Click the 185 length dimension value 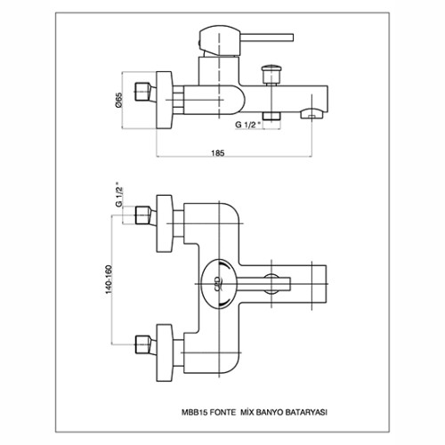[x=218, y=153]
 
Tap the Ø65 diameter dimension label [x=118, y=100]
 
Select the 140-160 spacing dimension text [x=109, y=279]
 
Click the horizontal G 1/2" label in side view [x=248, y=125]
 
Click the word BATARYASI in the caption [x=306, y=412]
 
